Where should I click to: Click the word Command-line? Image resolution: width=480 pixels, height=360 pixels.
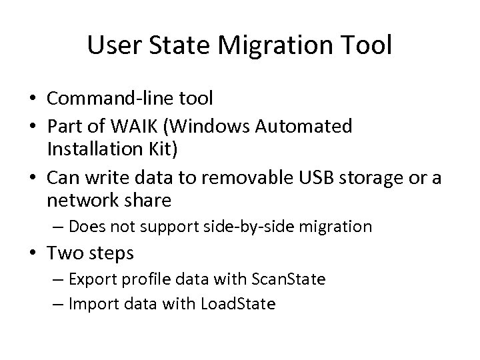pyautogui.click(x=106, y=99)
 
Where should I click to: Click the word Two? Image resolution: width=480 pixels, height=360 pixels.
pyautogui.click(x=64, y=253)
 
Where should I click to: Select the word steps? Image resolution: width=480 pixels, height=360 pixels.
pyautogui.click(x=112, y=254)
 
